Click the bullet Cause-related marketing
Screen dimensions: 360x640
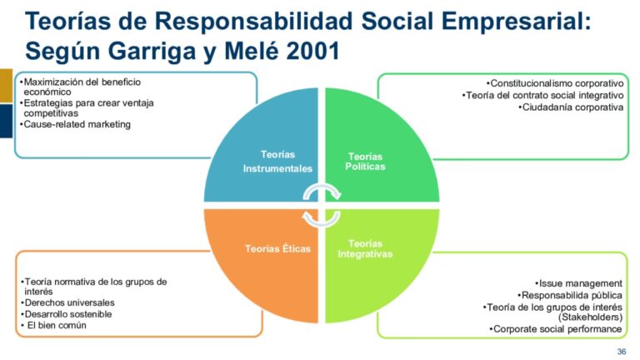[77, 125]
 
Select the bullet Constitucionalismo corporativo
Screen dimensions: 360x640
[556, 83]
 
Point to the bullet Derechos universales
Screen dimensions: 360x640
[69, 302]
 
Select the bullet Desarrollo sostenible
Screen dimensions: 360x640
[68, 314]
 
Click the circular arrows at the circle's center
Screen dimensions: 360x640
[321, 205]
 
